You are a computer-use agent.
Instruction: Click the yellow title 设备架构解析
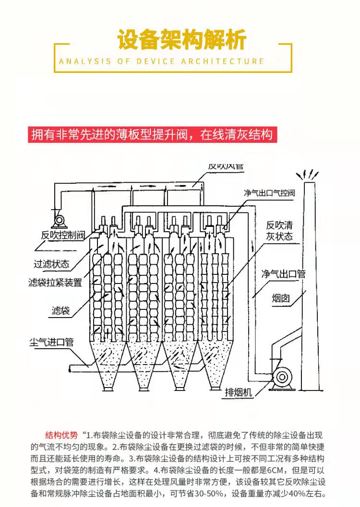point(182,40)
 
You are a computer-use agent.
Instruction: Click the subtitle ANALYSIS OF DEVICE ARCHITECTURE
point(162,61)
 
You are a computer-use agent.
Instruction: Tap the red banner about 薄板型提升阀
point(151,134)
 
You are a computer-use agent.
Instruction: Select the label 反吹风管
point(226,166)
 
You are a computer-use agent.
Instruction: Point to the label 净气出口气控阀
point(269,193)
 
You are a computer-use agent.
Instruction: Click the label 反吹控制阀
point(62,236)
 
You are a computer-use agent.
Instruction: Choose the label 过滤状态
point(51,264)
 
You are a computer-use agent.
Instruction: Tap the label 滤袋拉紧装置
point(55,283)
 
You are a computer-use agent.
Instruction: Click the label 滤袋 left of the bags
point(60,310)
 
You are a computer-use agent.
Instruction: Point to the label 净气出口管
point(283,274)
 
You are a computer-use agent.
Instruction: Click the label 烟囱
point(281,298)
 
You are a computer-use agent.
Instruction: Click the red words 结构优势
point(61,436)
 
